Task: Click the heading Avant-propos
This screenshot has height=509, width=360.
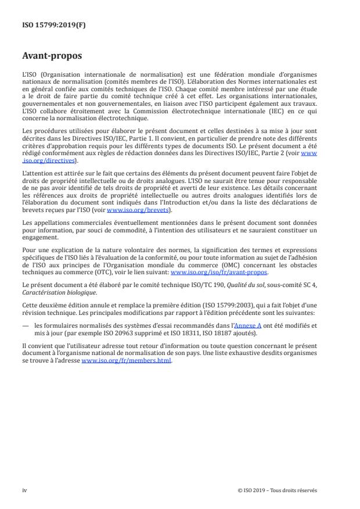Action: pyautogui.click(x=52, y=57)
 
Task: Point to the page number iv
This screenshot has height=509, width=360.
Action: pyautogui.click(x=24, y=490)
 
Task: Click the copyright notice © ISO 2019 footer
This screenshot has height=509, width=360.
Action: pyautogui.click(x=278, y=490)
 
